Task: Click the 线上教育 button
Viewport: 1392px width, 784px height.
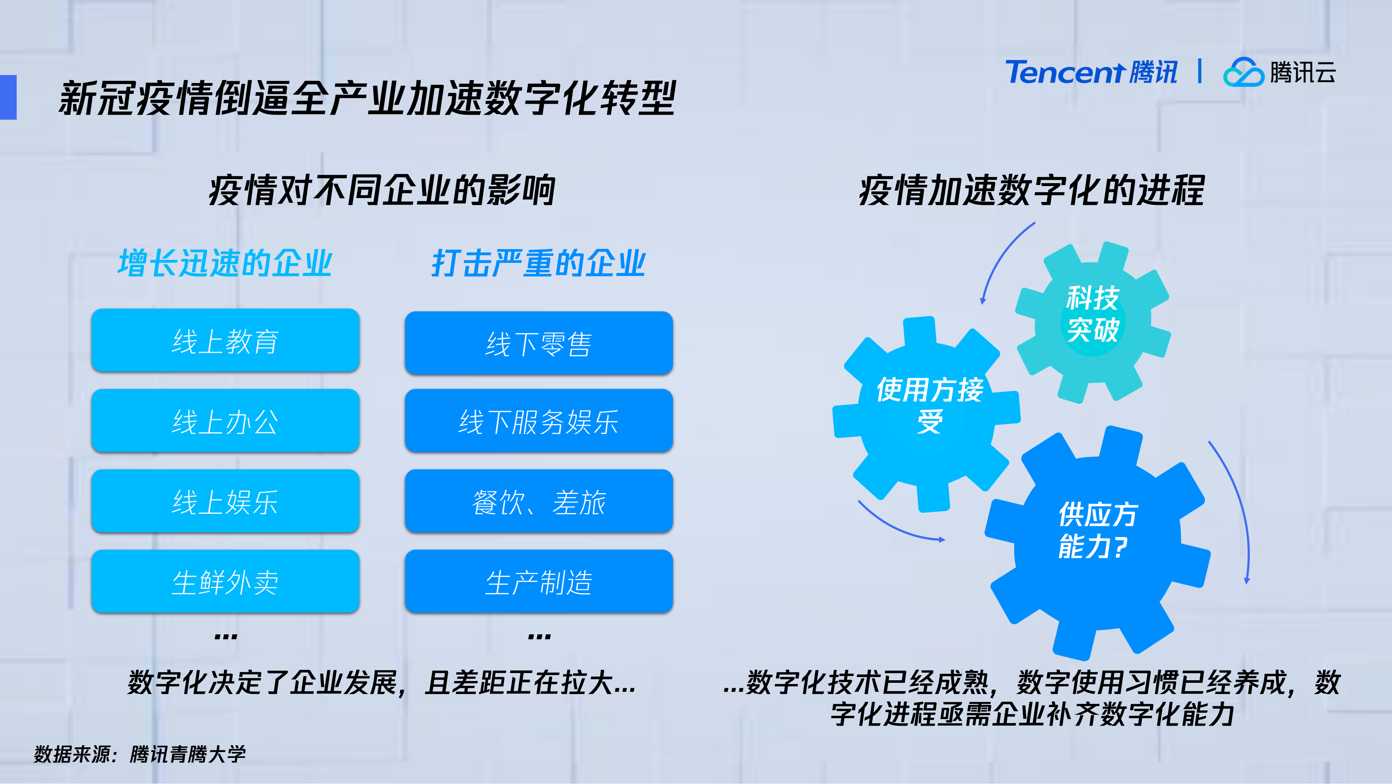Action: pyautogui.click(x=225, y=341)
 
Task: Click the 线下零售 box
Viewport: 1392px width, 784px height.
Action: pyautogui.click(x=539, y=343)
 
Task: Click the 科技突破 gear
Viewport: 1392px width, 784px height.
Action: pyautogui.click(x=1092, y=322)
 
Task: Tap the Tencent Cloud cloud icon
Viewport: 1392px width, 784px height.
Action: pyautogui.click(x=1243, y=73)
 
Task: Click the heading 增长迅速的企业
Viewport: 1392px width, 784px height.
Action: pyautogui.click(x=224, y=263)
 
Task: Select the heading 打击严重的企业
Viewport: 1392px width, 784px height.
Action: pyautogui.click(x=539, y=263)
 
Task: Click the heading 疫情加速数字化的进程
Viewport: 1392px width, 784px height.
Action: pyautogui.click(x=1032, y=190)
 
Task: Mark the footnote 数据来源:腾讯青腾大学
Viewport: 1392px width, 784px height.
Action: pyautogui.click(x=139, y=754)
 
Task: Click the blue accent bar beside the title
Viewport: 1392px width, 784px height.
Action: pyautogui.click(x=8, y=97)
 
